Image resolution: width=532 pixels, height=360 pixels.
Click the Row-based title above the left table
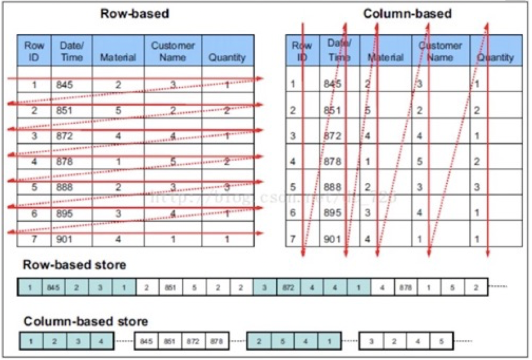point(134,14)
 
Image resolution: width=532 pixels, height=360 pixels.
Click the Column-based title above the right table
point(407,14)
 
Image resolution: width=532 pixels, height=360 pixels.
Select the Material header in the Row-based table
point(118,57)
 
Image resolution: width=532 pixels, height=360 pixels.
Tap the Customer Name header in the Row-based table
point(173,51)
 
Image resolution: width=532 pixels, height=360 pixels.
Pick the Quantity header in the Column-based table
point(496,57)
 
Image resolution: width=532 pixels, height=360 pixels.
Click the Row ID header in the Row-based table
point(34,51)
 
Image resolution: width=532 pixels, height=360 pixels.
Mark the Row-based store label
point(74,265)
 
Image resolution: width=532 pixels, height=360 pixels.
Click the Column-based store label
point(86,322)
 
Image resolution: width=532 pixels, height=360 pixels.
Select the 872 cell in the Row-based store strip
point(288,287)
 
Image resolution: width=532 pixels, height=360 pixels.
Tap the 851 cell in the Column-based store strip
point(168,341)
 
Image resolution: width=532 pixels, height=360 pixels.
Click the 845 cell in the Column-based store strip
point(146,341)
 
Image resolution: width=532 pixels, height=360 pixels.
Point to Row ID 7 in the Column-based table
point(293,239)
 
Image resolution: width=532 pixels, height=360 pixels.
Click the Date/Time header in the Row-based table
point(71,51)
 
